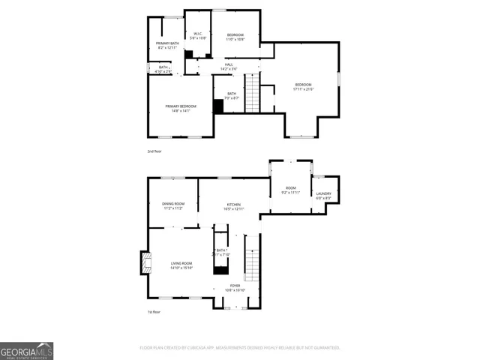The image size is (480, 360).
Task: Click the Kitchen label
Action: pyautogui.click(x=234, y=206)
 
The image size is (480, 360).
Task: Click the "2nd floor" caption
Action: pyautogui.click(x=154, y=151)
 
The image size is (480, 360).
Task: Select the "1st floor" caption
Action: pyautogui.click(x=154, y=312)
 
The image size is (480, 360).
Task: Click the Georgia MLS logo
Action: pyautogui.click(x=26, y=350)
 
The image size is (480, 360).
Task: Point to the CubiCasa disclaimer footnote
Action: pyautogui.click(x=240, y=347)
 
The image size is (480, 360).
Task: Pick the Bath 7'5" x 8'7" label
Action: pyautogui.click(x=232, y=95)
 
